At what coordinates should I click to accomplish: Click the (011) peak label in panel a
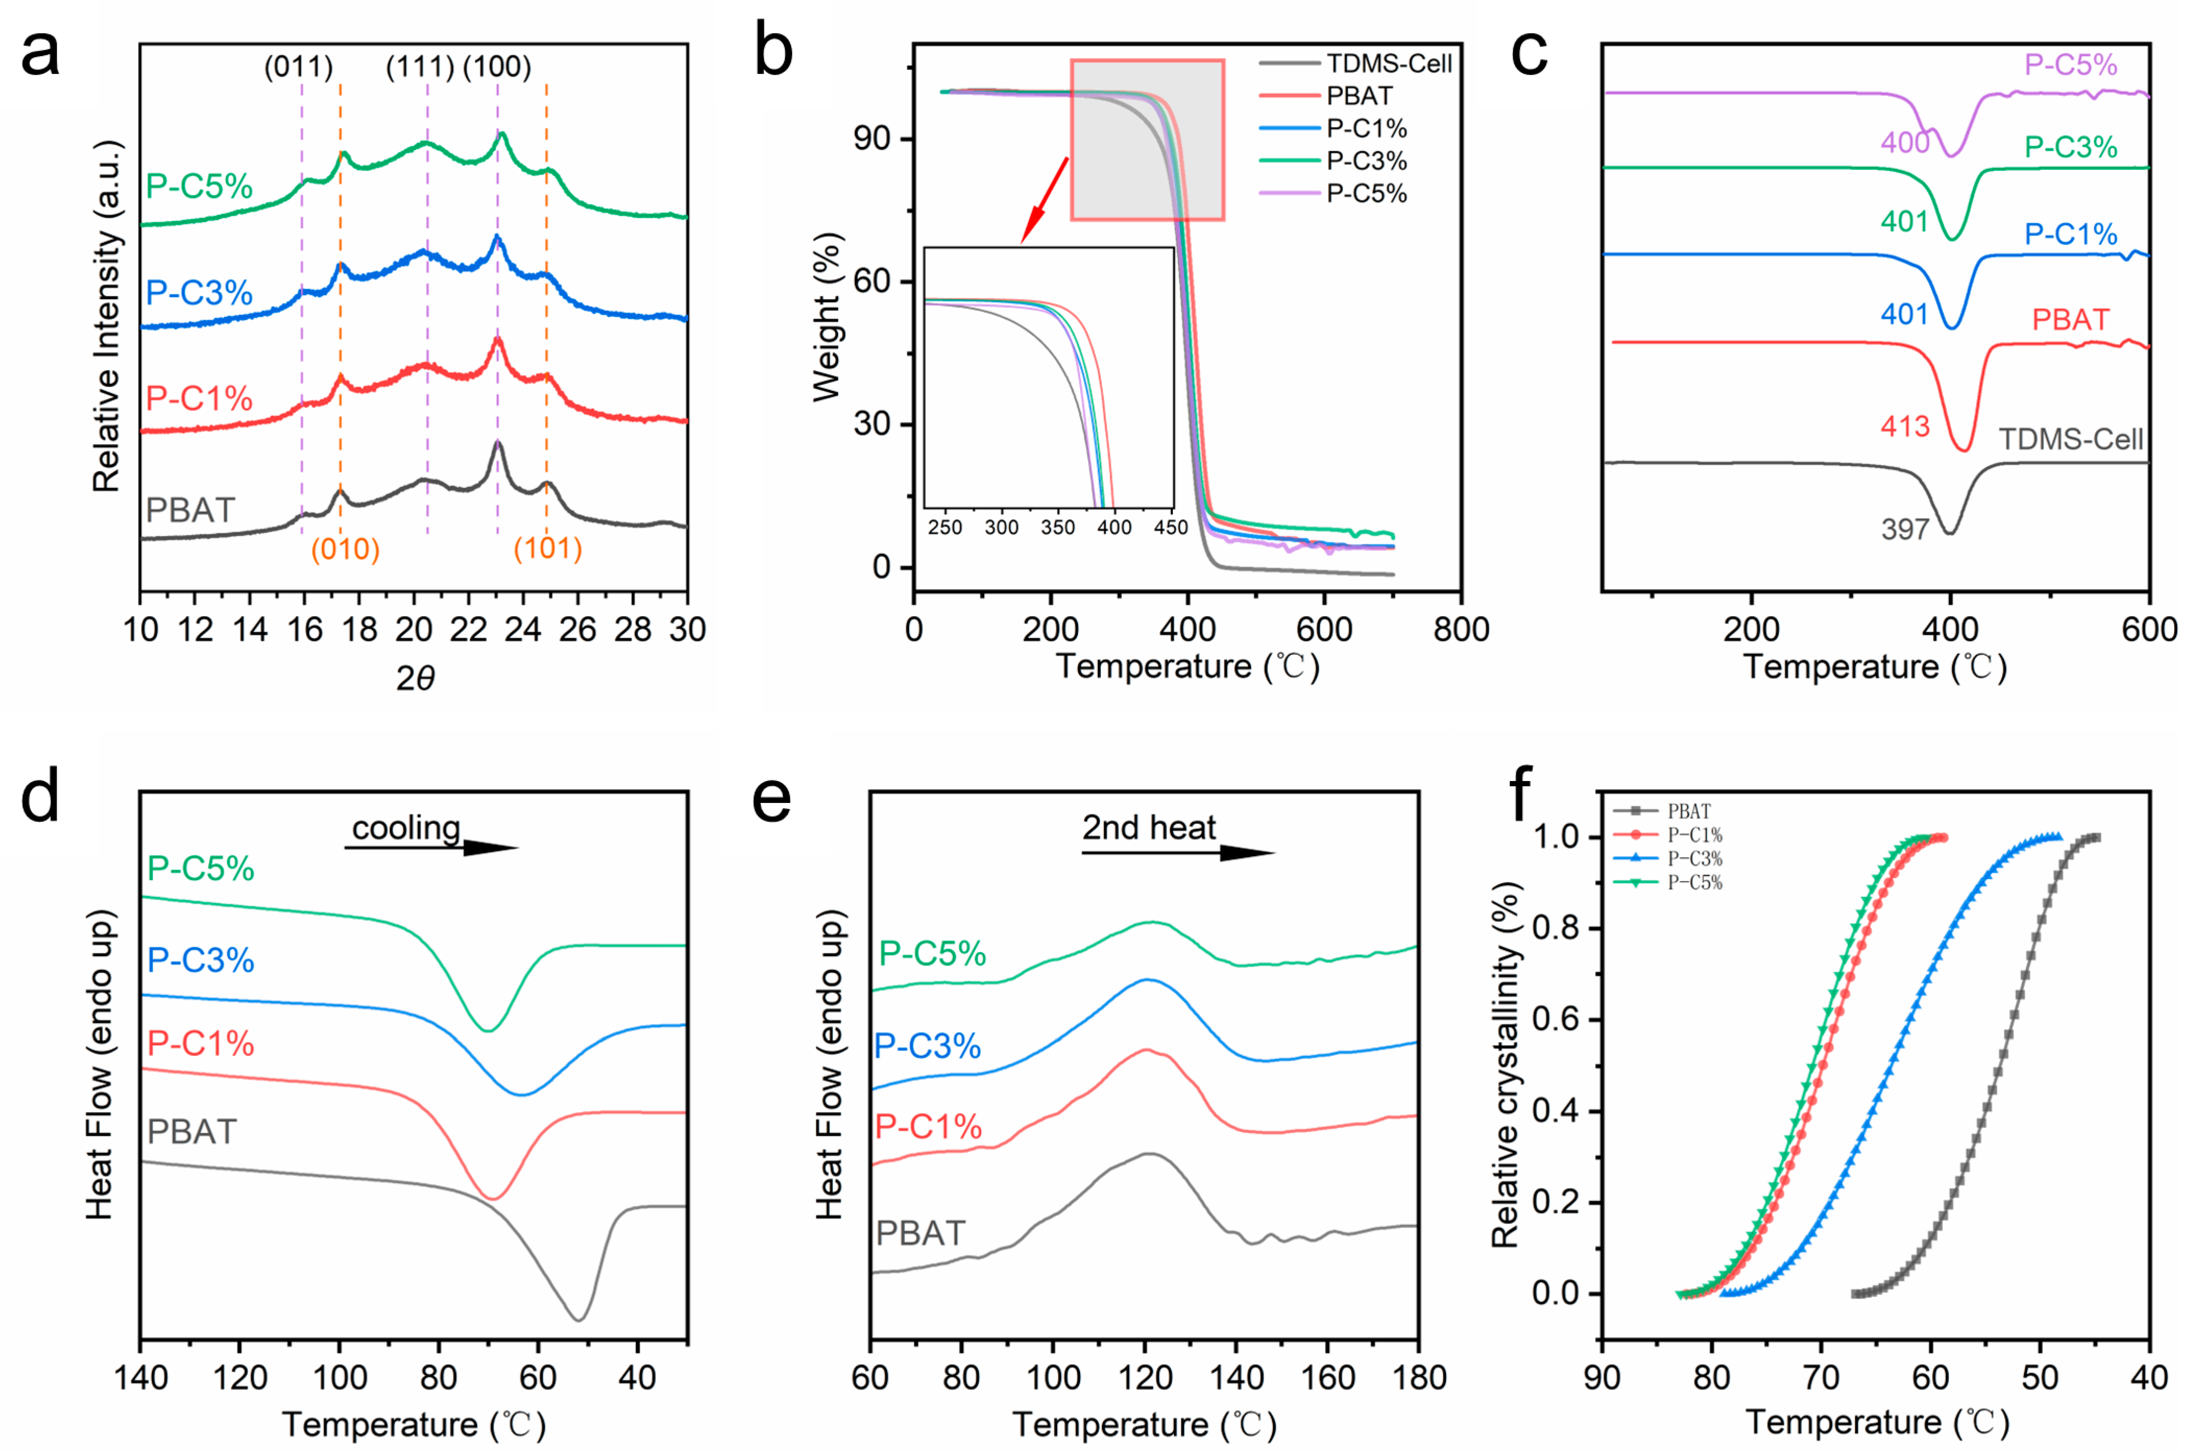coord(298,67)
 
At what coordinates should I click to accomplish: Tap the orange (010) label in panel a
coord(345,549)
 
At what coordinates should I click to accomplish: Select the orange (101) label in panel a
coord(548,549)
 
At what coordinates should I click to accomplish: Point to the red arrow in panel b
coord(1044,200)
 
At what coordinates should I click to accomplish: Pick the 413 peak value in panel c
coord(1905,427)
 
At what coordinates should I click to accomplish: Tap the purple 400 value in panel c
coord(1905,143)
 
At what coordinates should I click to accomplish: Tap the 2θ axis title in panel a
coord(415,679)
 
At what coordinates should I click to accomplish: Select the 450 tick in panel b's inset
coord(1170,527)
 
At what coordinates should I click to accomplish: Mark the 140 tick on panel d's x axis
coord(141,1378)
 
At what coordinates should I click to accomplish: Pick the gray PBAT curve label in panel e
coord(921,1234)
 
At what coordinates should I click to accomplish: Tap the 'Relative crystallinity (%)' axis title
coord(1506,1065)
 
